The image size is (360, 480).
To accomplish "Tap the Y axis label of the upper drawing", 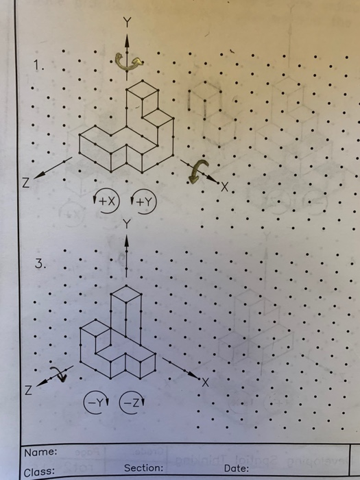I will (125, 21).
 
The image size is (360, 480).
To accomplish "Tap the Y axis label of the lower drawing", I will (125, 222).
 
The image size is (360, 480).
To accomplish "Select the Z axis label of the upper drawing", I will (25, 184).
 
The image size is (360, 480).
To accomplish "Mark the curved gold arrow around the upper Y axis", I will (128, 62).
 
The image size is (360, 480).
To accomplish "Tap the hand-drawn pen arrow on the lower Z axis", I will (60, 374).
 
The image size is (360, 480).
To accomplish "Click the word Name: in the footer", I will (40, 453).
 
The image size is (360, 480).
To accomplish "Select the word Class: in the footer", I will (39, 472).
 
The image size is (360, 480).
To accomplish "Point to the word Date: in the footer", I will (237, 468).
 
